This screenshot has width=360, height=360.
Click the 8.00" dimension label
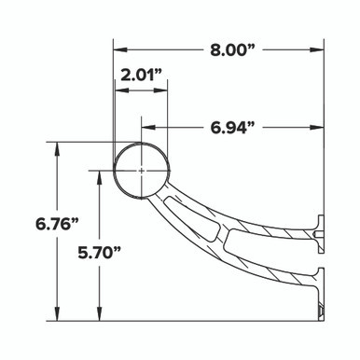(x=232, y=49)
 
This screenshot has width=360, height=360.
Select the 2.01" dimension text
(x=142, y=76)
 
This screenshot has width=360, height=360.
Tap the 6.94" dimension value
(x=232, y=128)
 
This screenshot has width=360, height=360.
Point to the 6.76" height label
(x=57, y=224)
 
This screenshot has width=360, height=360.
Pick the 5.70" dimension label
(x=99, y=254)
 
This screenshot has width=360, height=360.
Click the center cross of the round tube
(x=142, y=171)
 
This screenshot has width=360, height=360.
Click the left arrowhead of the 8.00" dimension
(x=120, y=49)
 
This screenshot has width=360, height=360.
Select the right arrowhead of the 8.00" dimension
(x=317, y=49)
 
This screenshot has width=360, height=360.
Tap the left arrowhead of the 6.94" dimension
(x=148, y=128)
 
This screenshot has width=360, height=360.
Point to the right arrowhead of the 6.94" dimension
(x=317, y=128)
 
